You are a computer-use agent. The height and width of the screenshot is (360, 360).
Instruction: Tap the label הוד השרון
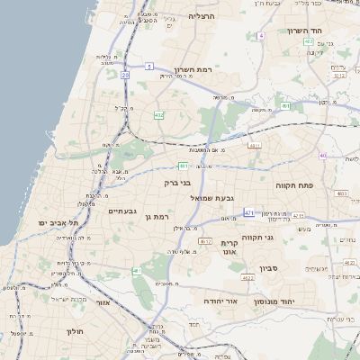(x=304, y=30)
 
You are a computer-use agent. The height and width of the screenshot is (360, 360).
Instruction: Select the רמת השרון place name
(x=192, y=69)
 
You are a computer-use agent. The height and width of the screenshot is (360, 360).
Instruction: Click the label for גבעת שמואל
(x=214, y=196)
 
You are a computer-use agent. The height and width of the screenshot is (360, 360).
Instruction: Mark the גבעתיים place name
(x=121, y=211)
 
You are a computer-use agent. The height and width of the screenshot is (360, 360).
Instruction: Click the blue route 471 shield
(x=249, y=212)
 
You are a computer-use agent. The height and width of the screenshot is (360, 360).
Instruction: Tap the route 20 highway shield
(x=125, y=76)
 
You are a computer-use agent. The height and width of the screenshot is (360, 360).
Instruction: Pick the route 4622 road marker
(x=247, y=278)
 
